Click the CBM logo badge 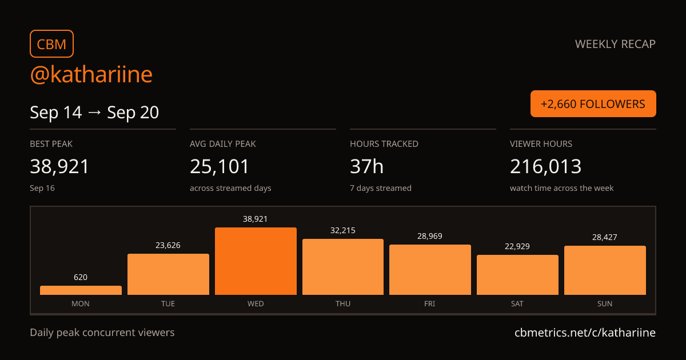52,44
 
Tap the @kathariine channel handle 91,74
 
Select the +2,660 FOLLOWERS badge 593,104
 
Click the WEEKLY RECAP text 615,44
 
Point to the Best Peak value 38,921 59,166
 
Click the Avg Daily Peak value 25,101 220,166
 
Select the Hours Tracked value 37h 366,166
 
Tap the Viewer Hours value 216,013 546,166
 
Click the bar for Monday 81,290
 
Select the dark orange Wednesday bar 256,261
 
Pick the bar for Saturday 517,275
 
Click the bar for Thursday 343,267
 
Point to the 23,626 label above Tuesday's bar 168,245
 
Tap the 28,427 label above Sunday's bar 605,237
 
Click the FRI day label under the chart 430,303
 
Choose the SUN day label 605,303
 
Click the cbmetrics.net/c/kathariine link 585,333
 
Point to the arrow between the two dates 94,113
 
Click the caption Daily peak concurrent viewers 102,333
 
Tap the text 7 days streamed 381,188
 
